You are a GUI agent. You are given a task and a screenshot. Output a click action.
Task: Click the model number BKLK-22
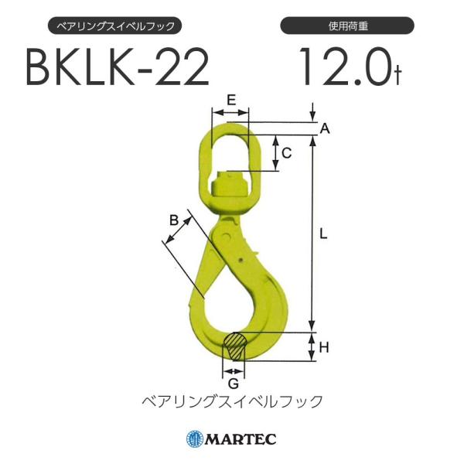pyautogui.click(x=117, y=70)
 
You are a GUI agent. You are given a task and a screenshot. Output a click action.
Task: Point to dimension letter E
pyautogui.click(x=230, y=100)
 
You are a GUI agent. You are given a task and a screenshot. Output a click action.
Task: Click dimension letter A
pyautogui.click(x=325, y=130)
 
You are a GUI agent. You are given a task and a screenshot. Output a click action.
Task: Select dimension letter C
pyautogui.click(x=285, y=153)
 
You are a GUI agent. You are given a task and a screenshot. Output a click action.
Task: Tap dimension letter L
pyautogui.click(x=325, y=232)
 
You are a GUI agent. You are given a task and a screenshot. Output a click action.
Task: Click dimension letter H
pyautogui.click(x=325, y=347)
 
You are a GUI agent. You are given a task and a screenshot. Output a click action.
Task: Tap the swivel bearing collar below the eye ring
pyautogui.click(x=230, y=189)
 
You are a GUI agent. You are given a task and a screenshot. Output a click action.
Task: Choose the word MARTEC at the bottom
pyautogui.click(x=240, y=440)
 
